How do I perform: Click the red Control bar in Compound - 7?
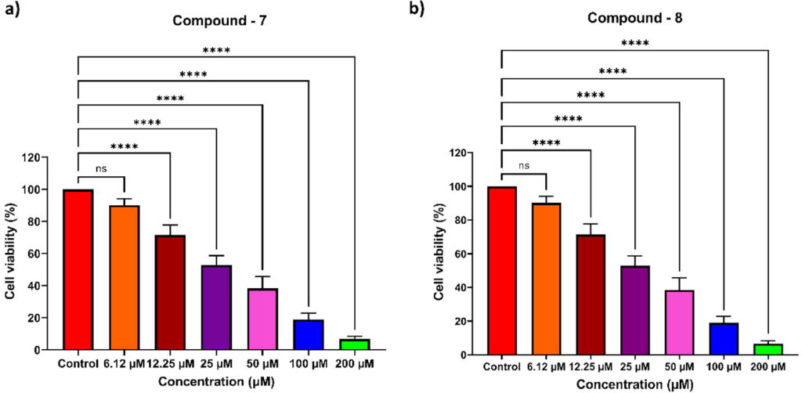click(78, 270)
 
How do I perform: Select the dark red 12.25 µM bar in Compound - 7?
click(170, 293)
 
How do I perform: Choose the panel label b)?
click(438, 12)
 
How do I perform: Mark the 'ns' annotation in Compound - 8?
click(524, 166)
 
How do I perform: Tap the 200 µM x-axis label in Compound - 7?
click(356, 363)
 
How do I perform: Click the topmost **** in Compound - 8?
click(635, 44)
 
